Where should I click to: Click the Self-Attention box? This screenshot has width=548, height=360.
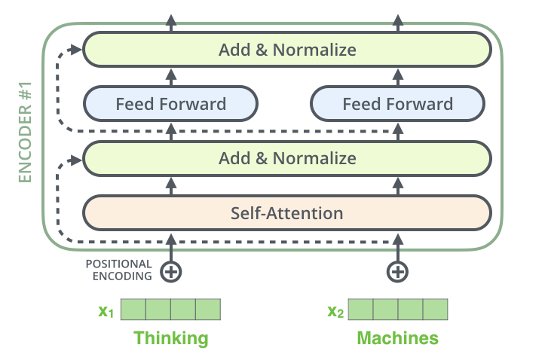pos(286,213)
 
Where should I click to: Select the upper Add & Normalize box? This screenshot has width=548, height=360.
pos(286,50)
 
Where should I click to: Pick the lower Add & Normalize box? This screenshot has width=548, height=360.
pos(286,159)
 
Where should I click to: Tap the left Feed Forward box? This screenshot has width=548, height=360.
pos(170,104)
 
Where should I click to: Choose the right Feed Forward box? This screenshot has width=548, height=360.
pos(397,104)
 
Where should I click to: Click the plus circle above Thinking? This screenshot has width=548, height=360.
pos(171,270)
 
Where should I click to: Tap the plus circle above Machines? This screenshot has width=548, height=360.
pos(397,270)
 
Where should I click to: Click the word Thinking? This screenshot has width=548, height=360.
pos(170,338)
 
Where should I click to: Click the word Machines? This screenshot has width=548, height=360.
pos(397,338)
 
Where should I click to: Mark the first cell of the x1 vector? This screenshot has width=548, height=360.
pos(133,310)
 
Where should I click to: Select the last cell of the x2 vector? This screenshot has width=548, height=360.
pos(435,310)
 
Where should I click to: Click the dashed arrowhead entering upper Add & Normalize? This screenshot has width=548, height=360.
pos(76,50)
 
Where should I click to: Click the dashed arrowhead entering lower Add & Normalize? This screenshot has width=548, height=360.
pos(76,159)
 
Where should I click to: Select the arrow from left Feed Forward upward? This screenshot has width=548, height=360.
pos(171,77)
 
